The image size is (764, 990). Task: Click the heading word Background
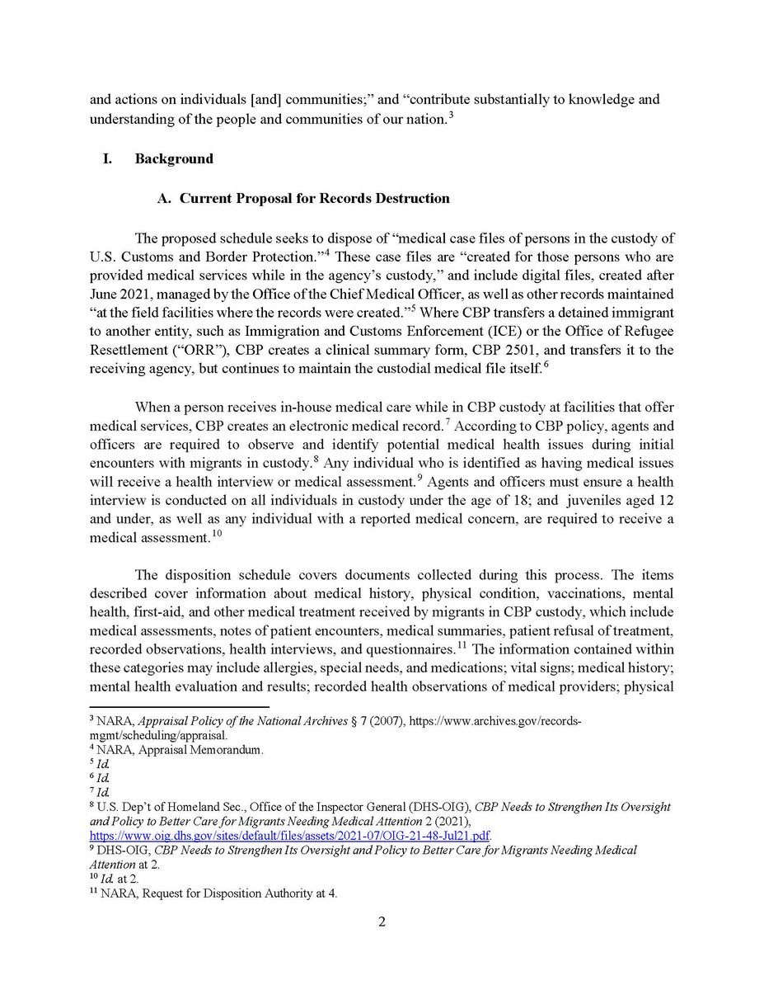point(174,158)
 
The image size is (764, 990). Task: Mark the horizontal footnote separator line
point(179,707)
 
